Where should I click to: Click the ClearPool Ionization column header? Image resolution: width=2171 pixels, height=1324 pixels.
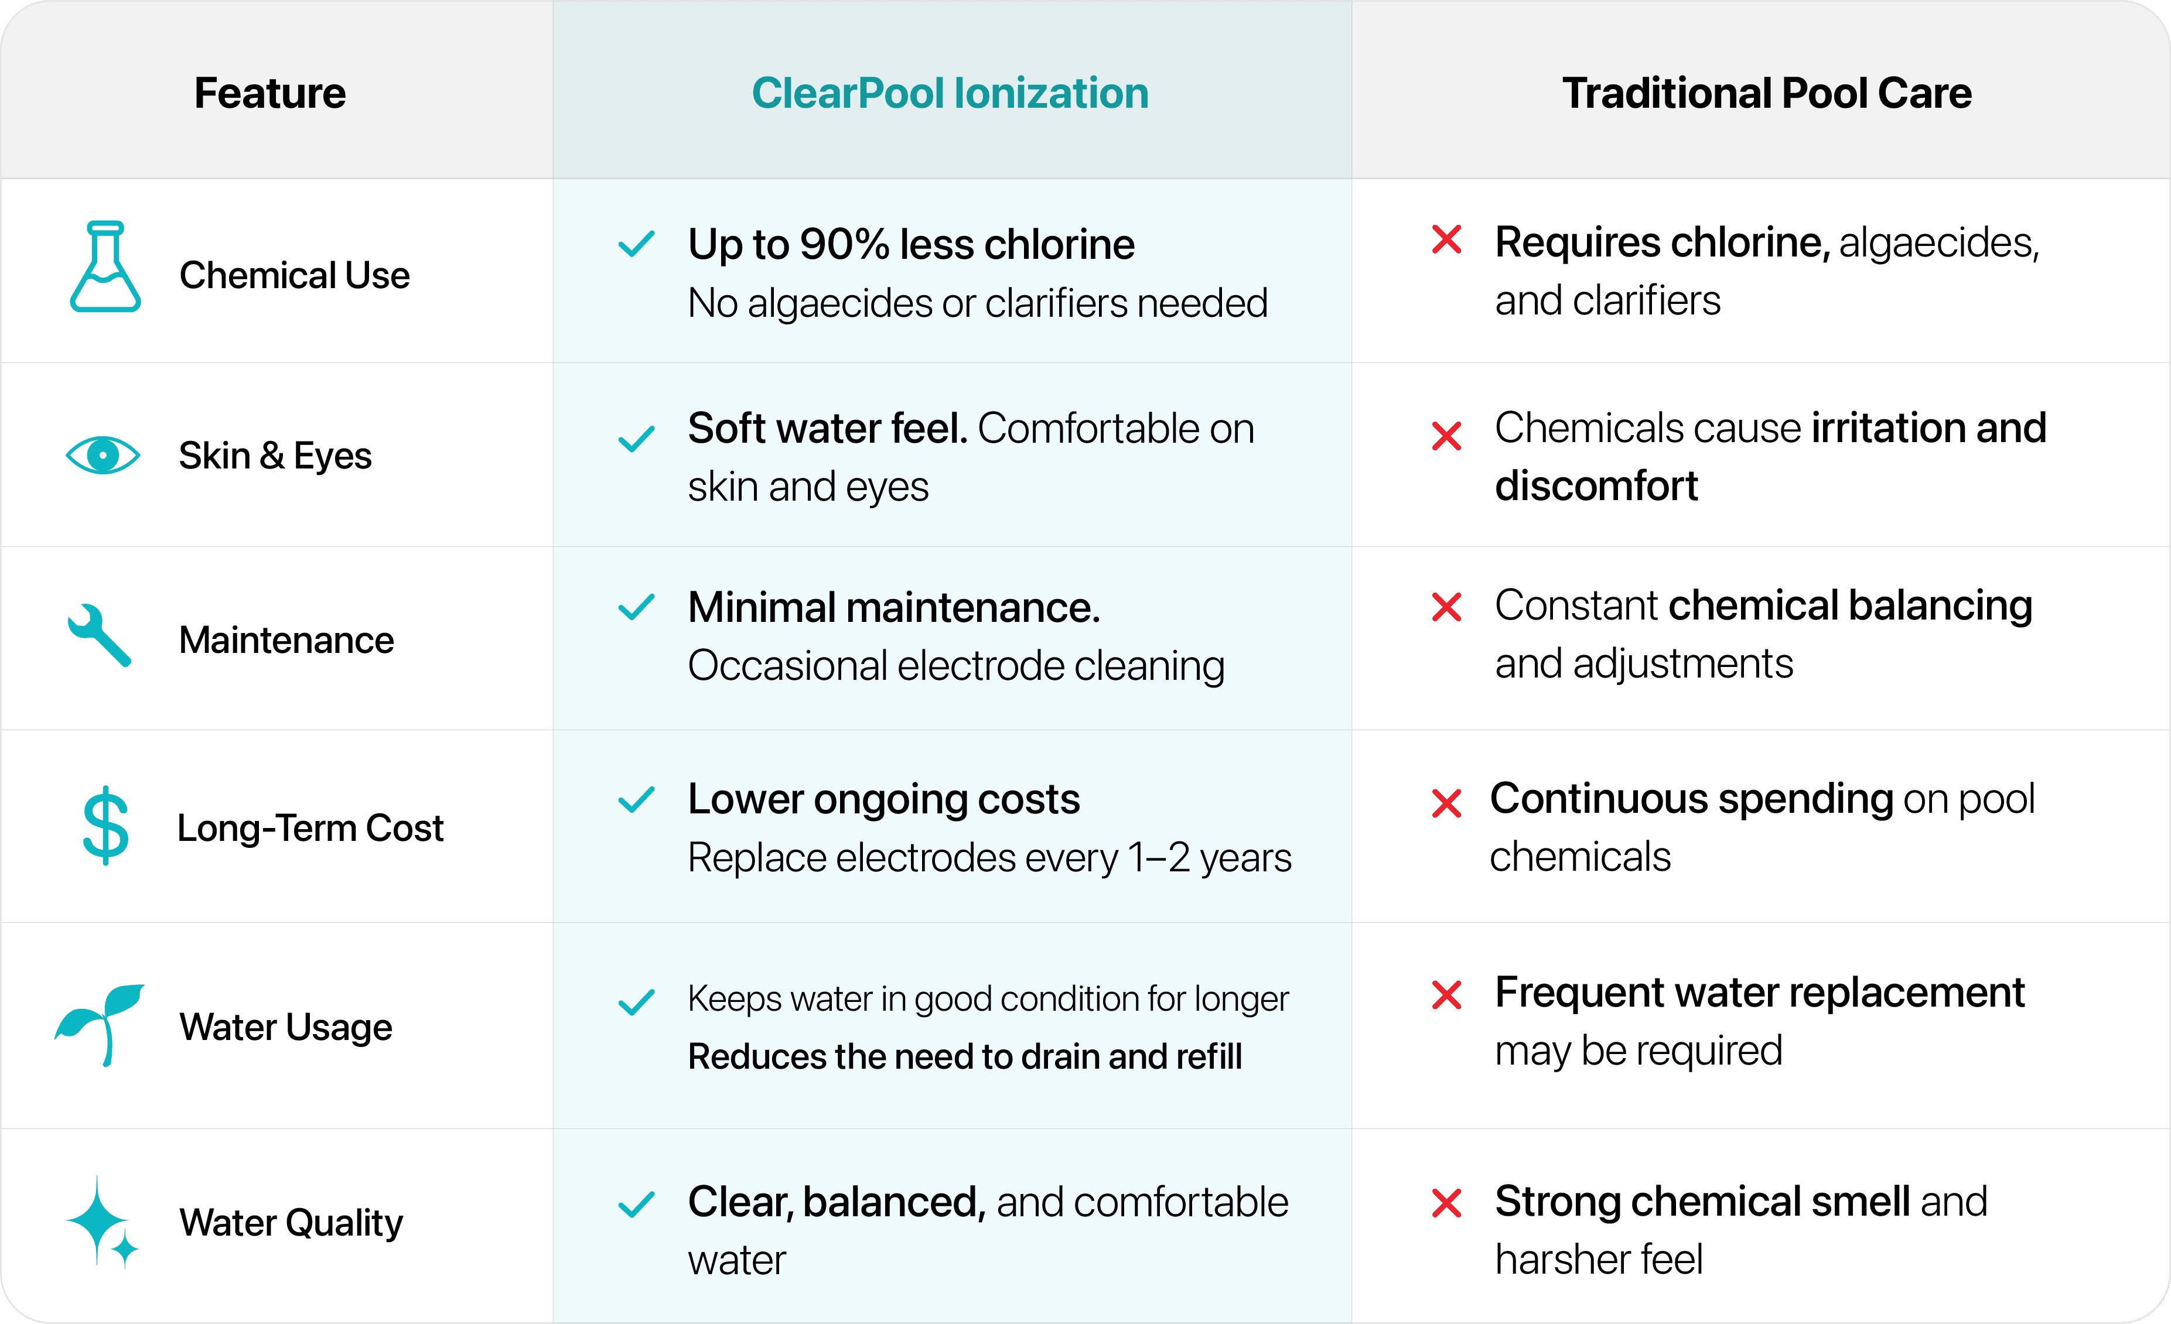tap(950, 93)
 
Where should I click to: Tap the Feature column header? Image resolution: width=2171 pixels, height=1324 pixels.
tap(269, 93)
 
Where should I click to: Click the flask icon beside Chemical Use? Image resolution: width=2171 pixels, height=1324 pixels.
tap(105, 267)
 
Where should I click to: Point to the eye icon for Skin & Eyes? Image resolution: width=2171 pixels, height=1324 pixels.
tap(103, 456)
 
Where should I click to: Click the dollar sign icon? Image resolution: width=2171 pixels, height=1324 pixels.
tap(105, 826)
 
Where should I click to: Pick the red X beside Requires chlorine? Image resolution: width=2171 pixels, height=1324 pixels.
tap(1447, 240)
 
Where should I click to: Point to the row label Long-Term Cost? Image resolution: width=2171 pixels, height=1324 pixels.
tap(310, 828)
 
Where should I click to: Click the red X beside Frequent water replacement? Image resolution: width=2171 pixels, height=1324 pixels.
tap(1447, 995)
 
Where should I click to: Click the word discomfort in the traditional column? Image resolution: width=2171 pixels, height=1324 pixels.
tap(1596, 486)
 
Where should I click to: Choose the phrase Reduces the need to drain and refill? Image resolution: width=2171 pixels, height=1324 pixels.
tap(965, 1056)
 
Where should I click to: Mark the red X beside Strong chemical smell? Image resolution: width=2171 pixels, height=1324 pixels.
tap(1447, 1203)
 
